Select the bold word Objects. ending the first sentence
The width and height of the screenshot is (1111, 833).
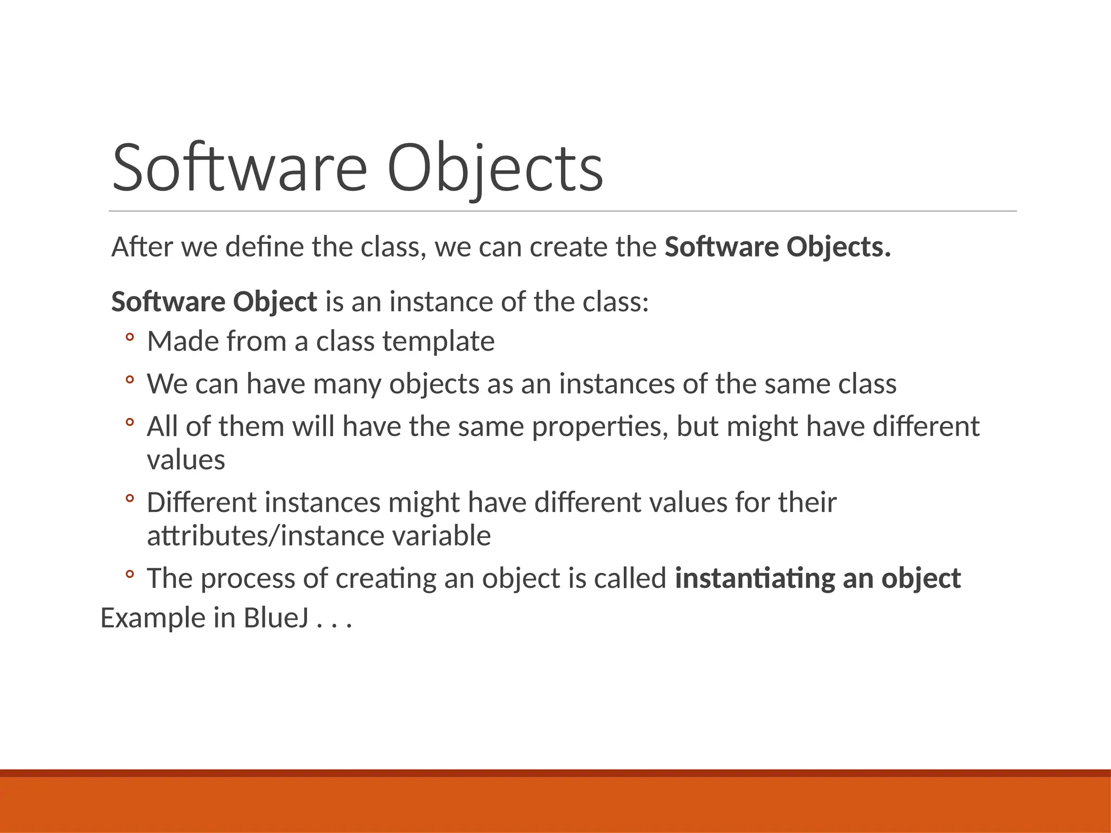pyautogui.click(x=839, y=247)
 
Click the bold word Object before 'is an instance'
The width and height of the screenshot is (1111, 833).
pyautogui.click(x=275, y=302)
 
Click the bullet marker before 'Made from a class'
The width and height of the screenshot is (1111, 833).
pyautogui.click(x=129, y=338)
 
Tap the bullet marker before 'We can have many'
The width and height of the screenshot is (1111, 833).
pyautogui.click(x=129, y=380)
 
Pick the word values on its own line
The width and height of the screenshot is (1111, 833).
pyautogui.click(x=186, y=460)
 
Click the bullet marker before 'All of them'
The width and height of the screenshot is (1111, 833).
pyautogui.click(x=129, y=422)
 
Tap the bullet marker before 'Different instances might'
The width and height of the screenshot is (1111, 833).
pyautogui.click(x=129, y=498)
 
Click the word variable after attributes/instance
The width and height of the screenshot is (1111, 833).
pyautogui.click(x=441, y=536)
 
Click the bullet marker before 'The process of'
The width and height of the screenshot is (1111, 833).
pyautogui.click(x=129, y=574)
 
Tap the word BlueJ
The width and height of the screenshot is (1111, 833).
pyautogui.click(x=276, y=618)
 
